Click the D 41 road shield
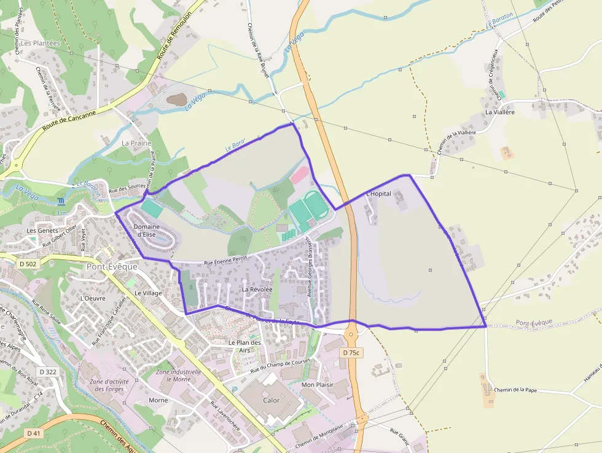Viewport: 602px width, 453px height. point(34,433)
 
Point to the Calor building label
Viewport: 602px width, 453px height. point(271,400)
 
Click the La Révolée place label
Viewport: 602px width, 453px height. point(257,289)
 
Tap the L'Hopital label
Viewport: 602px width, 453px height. point(378,194)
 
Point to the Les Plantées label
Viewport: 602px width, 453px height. point(41,43)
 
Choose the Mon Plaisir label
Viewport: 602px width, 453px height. point(317,385)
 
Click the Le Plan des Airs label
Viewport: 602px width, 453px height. point(244,346)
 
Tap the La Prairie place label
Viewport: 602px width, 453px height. point(136,143)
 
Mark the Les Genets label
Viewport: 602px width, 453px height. point(42,230)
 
